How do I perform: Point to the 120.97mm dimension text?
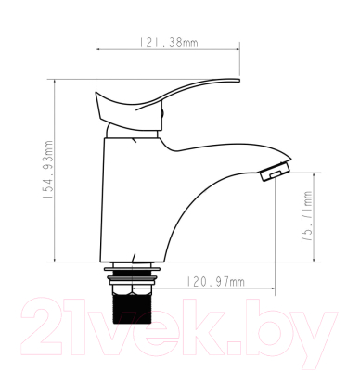coord(216,281)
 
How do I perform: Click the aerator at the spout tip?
coord(276,173)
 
